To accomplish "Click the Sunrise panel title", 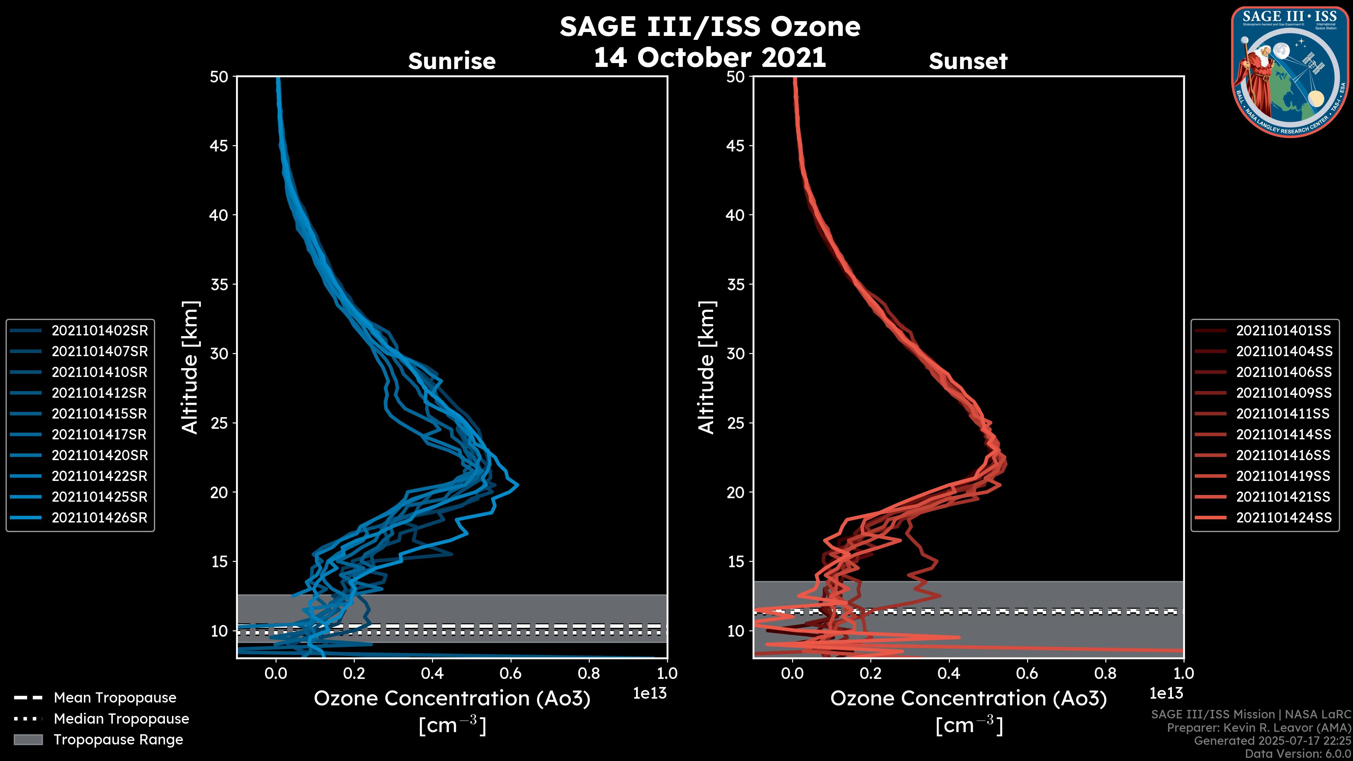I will [452, 61].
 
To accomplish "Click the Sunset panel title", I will [968, 61].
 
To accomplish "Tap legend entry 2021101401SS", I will [1283, 330].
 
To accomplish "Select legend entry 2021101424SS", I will [1283, 517].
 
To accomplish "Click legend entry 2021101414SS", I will [1283, 434].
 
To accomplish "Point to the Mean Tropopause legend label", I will [115, 698].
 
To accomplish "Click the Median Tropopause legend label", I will [121, 718].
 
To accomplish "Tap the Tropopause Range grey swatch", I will [28, 740].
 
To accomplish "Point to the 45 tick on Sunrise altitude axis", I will [219, 146].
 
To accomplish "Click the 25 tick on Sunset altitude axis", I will [735, 423].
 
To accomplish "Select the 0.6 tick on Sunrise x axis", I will [511, 673].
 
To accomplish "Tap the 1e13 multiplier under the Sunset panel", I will [1166, 693].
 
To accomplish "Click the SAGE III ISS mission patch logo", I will [1290, 72].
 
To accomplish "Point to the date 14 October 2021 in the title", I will [710, 57].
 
